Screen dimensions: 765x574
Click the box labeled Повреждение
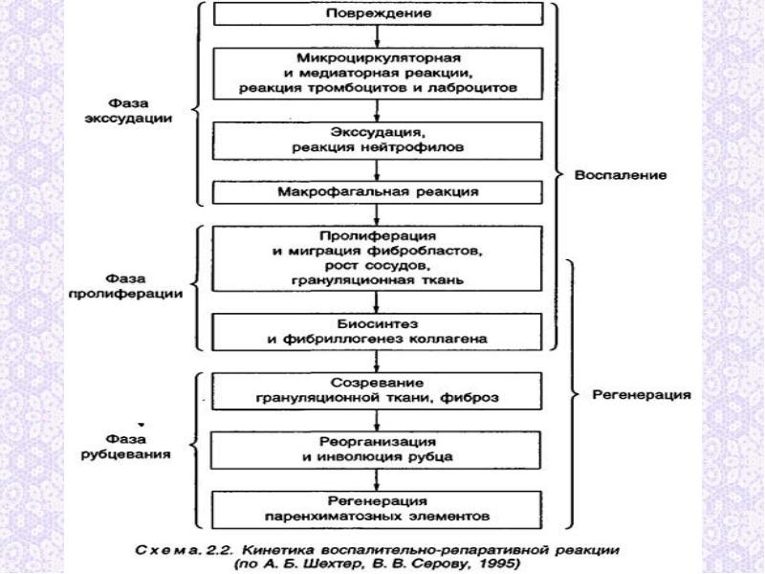coord(379,13)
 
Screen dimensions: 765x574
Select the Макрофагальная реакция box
coord(377,192)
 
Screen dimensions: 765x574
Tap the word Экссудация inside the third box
coord(376,132)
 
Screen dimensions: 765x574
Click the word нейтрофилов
coord(412,147)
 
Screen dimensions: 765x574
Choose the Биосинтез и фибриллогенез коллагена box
coord(377,332)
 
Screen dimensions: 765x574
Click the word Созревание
coord(377,383)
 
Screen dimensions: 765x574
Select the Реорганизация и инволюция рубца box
coord(376,450)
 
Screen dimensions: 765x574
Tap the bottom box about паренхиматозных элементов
coord(377,510)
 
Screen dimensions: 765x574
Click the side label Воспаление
coord(621,175)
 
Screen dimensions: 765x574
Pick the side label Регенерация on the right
coord(642,394)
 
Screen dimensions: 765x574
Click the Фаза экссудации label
coord(128,111)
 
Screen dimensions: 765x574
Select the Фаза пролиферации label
coord(125,286)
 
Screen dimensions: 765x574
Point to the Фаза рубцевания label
coord(125,447)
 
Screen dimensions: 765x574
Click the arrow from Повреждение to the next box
coord(377,36)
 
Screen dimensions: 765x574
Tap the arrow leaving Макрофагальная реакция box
coord(377,214)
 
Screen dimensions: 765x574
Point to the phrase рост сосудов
coord(377,266)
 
